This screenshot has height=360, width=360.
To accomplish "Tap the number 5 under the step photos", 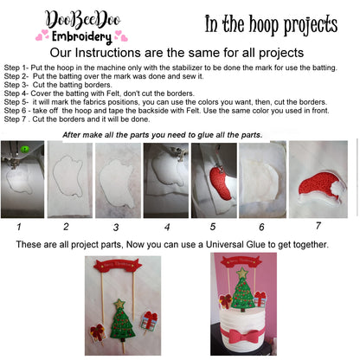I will click(x=211, y=227).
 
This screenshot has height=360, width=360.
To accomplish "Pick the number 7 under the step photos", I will click(x=318, y=226).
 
